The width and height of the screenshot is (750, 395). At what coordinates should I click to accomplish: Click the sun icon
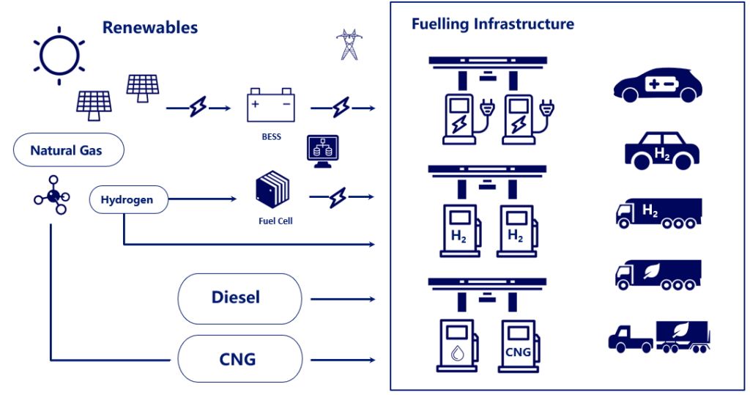59,56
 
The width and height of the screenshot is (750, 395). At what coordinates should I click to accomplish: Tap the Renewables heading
150,28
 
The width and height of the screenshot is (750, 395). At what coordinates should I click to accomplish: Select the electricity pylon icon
349,45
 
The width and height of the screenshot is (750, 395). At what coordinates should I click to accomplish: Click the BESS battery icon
271,105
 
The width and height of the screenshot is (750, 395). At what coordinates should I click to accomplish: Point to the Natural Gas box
68,149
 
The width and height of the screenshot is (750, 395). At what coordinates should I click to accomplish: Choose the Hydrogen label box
129,199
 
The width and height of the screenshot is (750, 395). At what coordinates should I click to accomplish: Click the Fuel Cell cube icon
272,189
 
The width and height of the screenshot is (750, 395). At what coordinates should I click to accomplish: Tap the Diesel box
240,299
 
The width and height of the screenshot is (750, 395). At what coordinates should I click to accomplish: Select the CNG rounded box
240,359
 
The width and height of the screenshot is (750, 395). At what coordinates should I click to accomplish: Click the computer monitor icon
322,151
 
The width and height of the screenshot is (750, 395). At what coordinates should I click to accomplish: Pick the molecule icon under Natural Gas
52,195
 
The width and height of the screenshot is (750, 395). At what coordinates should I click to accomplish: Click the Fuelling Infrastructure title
493,24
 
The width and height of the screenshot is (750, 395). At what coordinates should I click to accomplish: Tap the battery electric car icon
658,85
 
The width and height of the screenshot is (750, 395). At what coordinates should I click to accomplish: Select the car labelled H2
662,151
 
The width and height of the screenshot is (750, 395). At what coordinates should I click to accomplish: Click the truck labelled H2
658,213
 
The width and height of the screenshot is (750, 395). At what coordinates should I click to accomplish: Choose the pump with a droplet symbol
458,345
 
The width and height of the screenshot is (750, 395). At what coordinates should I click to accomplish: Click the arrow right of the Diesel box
343,299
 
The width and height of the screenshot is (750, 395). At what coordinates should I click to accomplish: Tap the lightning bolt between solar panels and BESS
198,107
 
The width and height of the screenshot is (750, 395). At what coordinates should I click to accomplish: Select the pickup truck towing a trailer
658,337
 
